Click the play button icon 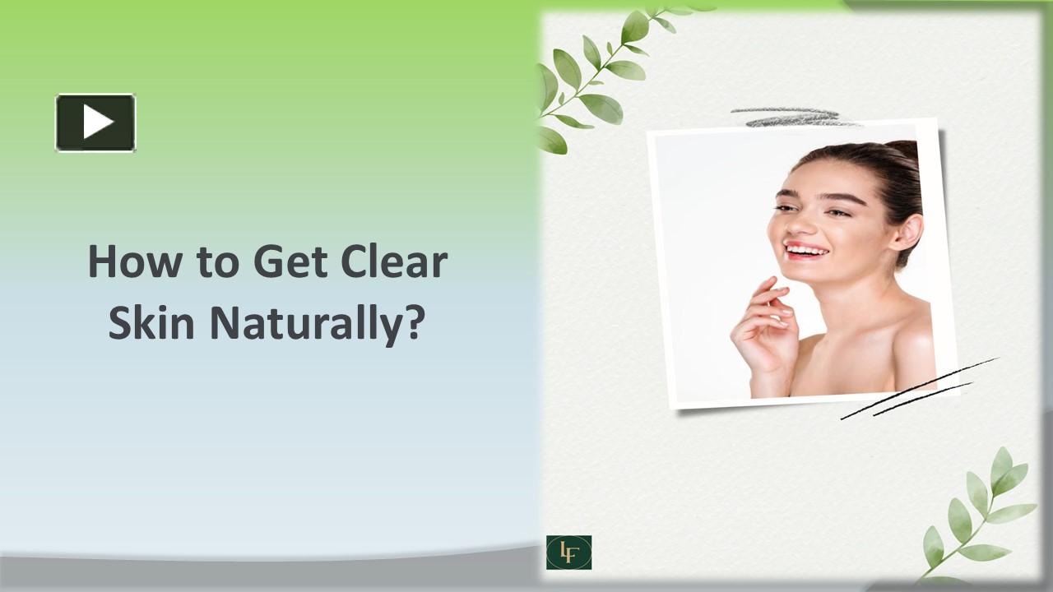[95, 123]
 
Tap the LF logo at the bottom [568, 553]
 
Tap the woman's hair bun [905, 152]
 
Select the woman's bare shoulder [909, 337]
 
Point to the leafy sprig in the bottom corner [979, 514]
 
